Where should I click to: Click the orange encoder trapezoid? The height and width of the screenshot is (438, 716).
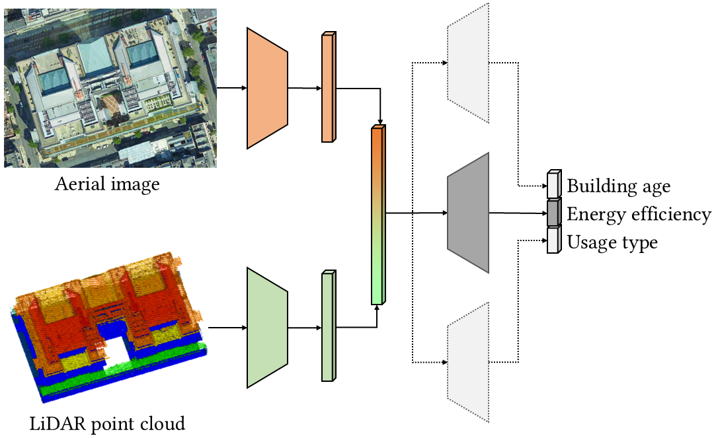point(267,87)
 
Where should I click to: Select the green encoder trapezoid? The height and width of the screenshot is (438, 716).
point(267,327)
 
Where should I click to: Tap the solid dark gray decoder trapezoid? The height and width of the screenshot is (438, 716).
point(468,213)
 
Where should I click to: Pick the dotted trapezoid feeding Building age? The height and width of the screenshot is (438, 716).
point(468,63)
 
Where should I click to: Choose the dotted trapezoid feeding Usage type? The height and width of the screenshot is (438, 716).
point(468,362)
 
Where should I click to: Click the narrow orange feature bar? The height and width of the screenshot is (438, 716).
point(328,87)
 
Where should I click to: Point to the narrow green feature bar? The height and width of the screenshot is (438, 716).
point(328,326)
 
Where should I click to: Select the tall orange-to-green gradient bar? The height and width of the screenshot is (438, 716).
point(378,215)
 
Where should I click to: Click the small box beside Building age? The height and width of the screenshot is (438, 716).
point(553,185)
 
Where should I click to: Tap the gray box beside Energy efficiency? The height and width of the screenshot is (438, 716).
point(553,213)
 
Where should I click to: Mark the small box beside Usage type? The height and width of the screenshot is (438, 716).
point(553,241)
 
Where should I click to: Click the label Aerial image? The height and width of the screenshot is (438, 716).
point(107,184)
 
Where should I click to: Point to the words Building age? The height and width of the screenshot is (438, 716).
point(619,186)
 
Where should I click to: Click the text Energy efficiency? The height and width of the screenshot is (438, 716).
point(639,214)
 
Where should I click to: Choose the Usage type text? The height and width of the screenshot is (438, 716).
point(612,242)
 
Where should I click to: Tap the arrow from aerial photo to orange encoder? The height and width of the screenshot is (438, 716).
point(231,87)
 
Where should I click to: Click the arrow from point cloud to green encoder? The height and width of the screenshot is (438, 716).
point(227,327)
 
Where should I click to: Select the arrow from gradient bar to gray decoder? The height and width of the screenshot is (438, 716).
point(417,213)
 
